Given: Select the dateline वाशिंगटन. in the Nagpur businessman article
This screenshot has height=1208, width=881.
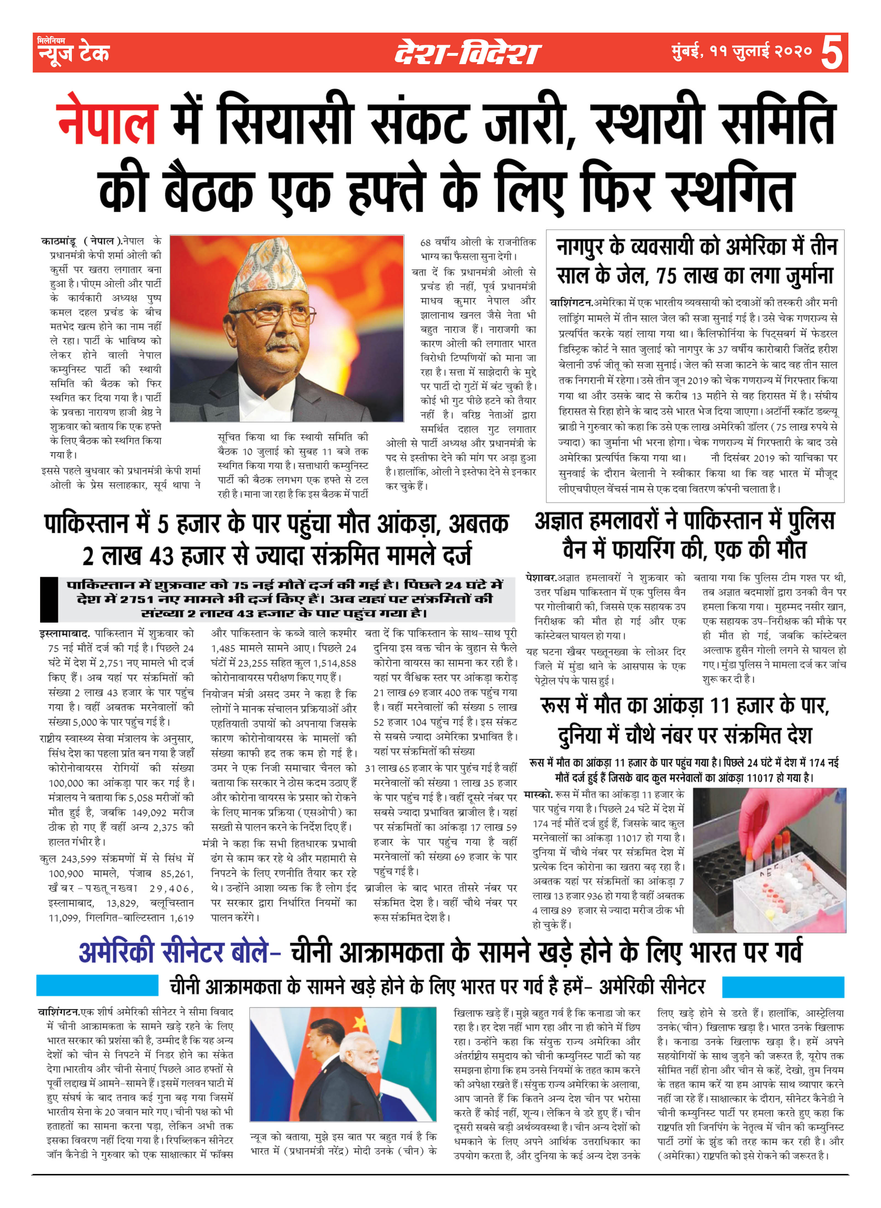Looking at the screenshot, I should [571, 303].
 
